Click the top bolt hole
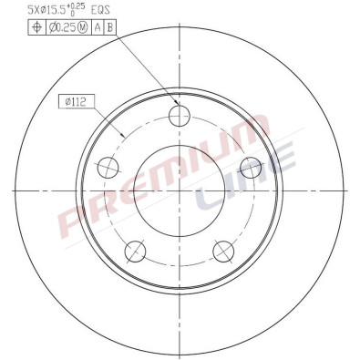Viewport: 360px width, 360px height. pos(180,115)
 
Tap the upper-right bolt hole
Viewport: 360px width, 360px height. pos(250,166)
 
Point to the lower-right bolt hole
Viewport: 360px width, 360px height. pos(223,249)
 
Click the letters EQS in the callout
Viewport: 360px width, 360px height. pos(102,9)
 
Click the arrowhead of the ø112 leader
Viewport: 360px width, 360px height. pos(124,136)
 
